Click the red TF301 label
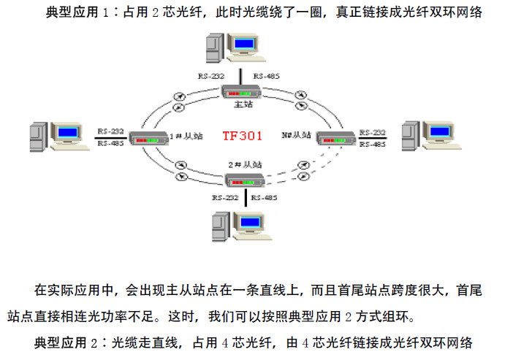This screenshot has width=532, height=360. tap(242, 135)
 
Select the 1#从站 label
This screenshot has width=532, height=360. tap(179, 135)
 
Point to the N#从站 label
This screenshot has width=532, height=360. tap(296, 135)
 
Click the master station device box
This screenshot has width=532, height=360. tap(242, 92)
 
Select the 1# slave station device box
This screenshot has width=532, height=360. tap(148, 137)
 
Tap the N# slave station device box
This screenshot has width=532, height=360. tap(335, 137)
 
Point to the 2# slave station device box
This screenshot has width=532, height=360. tap(244, 179)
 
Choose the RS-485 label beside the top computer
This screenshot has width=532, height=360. tap(266, 76)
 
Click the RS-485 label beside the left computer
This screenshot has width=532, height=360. tap(110, 144)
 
